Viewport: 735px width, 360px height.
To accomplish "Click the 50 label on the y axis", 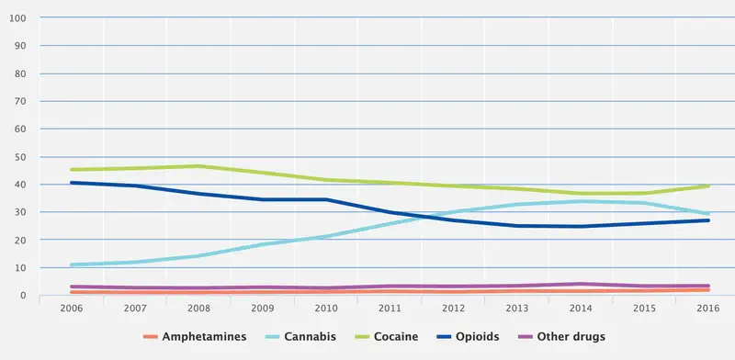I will tap(19, 157).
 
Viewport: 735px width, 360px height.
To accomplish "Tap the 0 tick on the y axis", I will tap(22, 296).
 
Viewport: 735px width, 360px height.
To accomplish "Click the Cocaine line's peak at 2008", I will tap(198, 166).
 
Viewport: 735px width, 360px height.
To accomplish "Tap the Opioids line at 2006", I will tap(71, 183).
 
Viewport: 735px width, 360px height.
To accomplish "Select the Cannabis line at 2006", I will tap(71, 264).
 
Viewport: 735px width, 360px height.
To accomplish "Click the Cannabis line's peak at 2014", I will tap(579, 201).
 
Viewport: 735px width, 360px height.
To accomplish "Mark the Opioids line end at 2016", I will tap(707, 220).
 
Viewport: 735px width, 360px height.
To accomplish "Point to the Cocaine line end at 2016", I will tap(707, 186).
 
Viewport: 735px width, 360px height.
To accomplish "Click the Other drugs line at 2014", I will tap(579, 284).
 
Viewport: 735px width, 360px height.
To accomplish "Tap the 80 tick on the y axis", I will tap(19, 73).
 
